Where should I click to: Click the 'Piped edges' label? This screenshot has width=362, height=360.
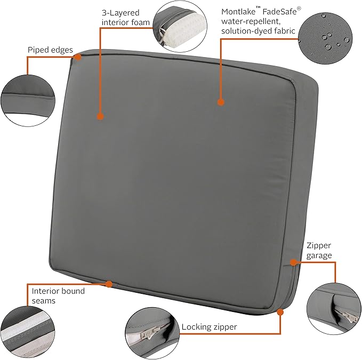point(51,50)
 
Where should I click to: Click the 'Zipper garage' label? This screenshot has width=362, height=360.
point(319,250)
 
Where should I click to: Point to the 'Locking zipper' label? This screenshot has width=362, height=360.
point(209,326)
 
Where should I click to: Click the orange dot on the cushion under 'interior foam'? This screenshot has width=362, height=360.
point(100,116)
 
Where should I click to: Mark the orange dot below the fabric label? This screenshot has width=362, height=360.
point(220,101)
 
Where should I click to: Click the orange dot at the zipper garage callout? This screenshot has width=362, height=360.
point(293,261)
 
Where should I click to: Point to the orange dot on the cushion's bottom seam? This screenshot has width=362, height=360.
point(109,284)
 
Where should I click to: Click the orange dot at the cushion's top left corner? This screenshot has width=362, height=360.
point(79,57)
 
